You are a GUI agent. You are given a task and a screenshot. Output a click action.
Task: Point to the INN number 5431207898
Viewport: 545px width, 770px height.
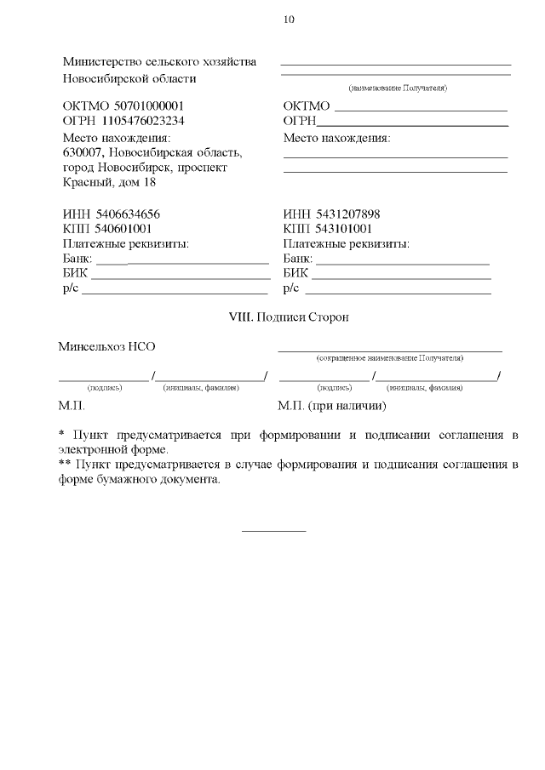347,214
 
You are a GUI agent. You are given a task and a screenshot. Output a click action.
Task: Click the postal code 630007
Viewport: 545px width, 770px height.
83,153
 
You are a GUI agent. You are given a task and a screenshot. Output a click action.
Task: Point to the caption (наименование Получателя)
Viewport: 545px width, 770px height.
398,88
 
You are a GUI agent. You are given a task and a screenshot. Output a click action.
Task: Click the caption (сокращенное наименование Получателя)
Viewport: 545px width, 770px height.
389,358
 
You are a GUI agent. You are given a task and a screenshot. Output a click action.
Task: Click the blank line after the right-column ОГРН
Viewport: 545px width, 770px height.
412,126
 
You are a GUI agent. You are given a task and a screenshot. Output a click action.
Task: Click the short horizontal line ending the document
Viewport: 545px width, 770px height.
273,532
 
